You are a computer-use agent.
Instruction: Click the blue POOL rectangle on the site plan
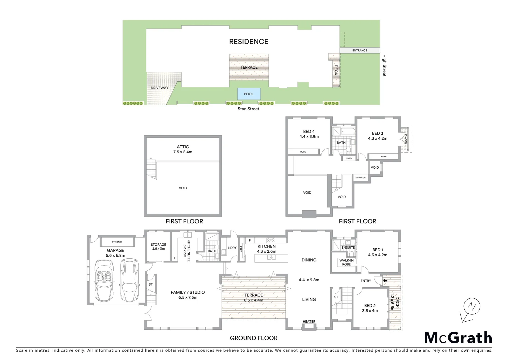coord(249,94)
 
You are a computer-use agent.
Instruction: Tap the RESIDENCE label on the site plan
coord(249,42)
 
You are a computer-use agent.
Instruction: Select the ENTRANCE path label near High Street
coord(359,50)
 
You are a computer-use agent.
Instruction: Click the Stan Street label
coord(248,109)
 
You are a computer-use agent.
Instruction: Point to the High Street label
coord(384,66)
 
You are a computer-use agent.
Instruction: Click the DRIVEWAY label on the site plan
coord(159,88)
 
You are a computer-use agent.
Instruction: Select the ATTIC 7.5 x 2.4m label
coord(183,149)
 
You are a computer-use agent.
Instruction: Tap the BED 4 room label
coord(309,134)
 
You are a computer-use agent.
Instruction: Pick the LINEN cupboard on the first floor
coord(349,158)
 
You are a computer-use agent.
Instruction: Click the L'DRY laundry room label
coord(232,248)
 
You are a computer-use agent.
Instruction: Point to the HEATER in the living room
coord(309,322)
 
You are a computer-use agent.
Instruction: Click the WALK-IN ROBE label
coord(346,262)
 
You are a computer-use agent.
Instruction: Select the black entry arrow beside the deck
coord(385,281)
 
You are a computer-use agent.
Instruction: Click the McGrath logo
coord(458,338)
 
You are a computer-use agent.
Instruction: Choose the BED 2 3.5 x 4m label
coord(370,308)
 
